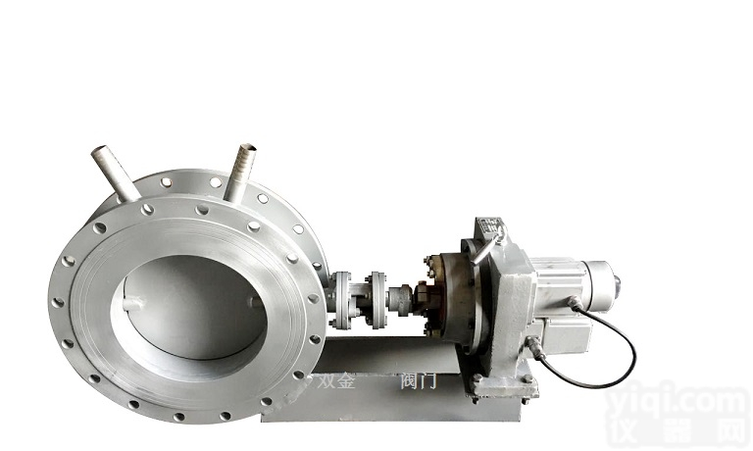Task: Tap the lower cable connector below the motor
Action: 533,346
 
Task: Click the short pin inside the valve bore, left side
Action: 138,303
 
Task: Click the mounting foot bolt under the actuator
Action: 477,384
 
